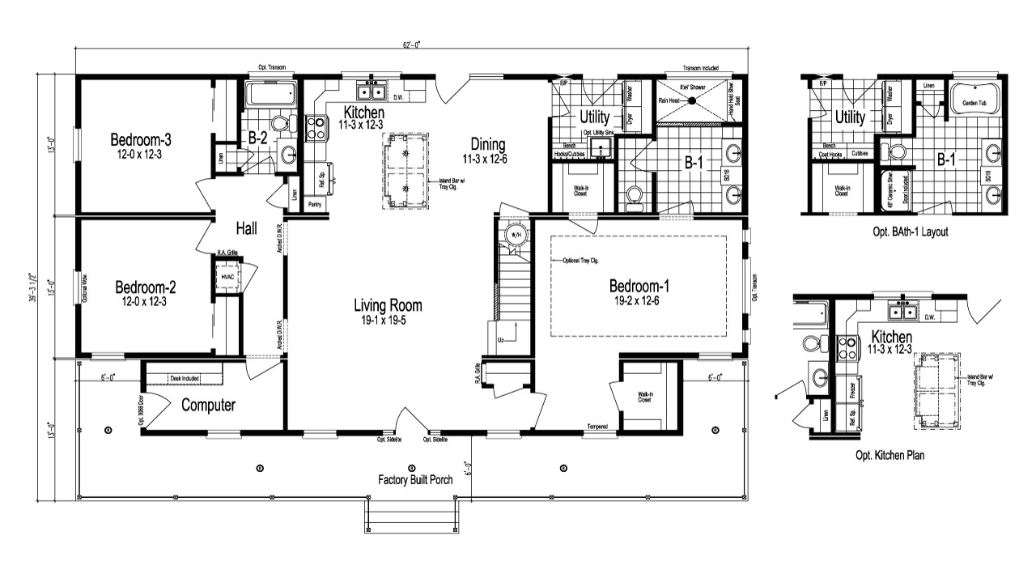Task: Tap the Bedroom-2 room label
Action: [x=146, y=287]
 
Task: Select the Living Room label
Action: [x=388, y=305]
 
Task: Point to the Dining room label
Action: [x=484, y=145]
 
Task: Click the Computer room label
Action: [x=208, y=405]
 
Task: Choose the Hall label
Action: [x=246, y=229]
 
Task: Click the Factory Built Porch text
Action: [x=415, y=479]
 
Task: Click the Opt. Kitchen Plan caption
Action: [x=890, y=455]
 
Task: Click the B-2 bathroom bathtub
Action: [x=271, y=94]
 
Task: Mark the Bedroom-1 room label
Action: [x=639, y=286]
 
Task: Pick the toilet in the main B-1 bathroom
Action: [x=634, y=194]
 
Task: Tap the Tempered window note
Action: [x=597, y=426]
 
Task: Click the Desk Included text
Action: [x=184, y=376]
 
